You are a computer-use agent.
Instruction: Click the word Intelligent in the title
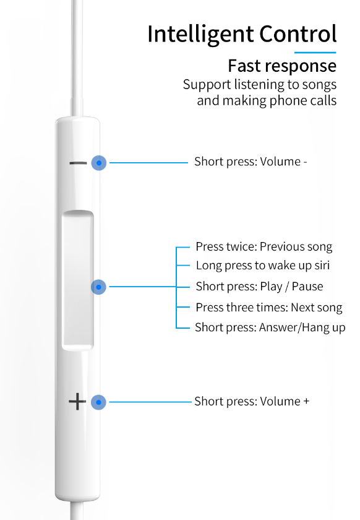point(201,35)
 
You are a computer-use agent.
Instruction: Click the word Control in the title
point(298,33)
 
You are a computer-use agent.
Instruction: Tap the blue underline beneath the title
point(315,53)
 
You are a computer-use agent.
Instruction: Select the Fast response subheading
point(282,66)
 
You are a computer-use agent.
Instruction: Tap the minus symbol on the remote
point(78,163)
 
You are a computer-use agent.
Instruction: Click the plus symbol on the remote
point(77,402)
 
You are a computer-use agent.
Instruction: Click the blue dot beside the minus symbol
point(99,163)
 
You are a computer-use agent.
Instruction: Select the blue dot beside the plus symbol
point(98,402)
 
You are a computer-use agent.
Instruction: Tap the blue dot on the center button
point(98,287)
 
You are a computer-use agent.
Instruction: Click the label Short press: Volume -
point(251,162)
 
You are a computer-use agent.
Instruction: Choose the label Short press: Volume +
point(252,402)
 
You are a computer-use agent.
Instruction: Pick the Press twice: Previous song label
point(264,247)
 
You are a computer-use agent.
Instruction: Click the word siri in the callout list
point(322,266)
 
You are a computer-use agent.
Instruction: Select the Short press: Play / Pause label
point(259,287)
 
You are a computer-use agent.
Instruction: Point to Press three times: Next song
point(269,308)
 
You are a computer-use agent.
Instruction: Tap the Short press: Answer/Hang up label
point(270,327)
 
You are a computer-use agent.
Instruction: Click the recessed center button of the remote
point(78,280)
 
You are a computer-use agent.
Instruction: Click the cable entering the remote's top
point(77,58)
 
